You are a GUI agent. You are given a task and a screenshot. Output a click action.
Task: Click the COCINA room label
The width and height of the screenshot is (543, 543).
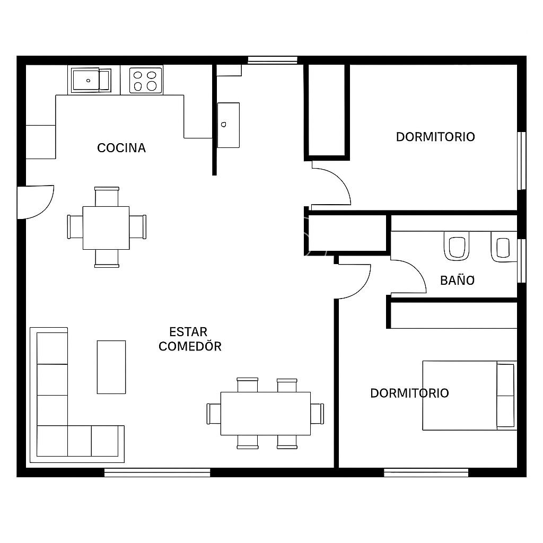point(121,148)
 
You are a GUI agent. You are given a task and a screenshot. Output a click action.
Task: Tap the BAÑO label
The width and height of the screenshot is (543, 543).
point(457,280)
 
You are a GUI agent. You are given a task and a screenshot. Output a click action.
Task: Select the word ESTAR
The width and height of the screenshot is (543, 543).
point(188,332)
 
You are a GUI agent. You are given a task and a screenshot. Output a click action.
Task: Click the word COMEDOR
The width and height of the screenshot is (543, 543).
point(190,346)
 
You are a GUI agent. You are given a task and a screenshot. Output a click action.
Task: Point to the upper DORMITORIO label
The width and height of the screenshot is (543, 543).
point(435,137)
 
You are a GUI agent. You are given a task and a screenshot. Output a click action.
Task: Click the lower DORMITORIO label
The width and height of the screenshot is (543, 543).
point(409,393)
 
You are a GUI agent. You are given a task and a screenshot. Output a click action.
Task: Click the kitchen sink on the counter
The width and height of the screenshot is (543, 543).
point(91,81)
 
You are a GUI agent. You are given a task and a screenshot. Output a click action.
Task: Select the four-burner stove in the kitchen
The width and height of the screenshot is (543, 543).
point(146,81)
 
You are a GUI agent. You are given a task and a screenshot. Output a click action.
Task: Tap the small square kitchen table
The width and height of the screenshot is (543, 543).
point(106,228)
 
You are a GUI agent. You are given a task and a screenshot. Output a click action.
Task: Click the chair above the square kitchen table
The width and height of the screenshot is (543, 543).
point(107,196)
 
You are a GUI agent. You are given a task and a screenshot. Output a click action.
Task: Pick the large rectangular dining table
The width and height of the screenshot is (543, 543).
point(266,414)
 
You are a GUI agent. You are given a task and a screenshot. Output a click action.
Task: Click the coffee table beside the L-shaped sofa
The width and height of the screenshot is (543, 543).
point(111,367)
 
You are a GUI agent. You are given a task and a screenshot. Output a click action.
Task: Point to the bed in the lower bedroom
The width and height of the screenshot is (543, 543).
point(470,396)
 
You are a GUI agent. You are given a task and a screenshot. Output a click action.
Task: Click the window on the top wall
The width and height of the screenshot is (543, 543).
point(273,60)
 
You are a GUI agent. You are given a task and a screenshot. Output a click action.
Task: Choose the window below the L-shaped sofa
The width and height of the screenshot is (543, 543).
point(157,472)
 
